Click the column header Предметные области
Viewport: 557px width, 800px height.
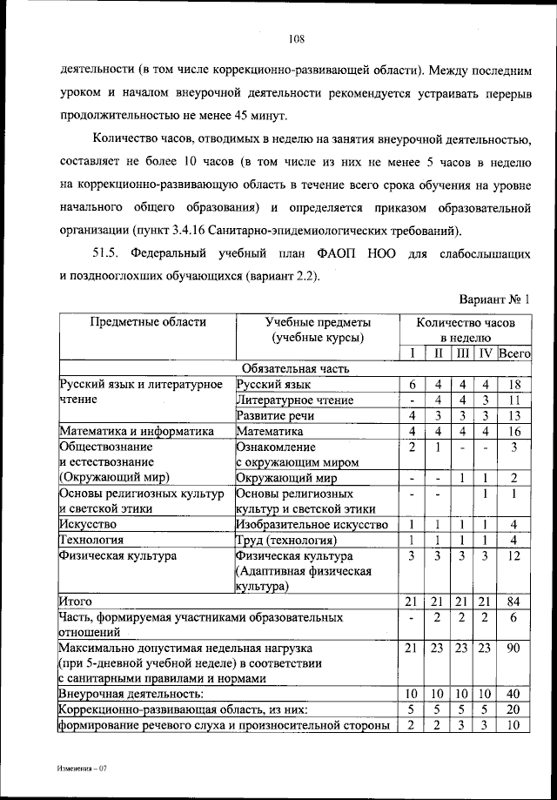click(148, 322)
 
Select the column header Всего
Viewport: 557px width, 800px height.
click(514, 353)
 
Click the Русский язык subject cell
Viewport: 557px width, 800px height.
click(273, 384)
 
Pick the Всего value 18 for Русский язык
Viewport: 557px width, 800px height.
click(514, 384)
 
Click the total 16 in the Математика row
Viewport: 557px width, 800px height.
click(514, 431)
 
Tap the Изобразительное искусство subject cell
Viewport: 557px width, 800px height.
click(312, 524)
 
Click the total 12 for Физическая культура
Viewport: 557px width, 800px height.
click(514, 555)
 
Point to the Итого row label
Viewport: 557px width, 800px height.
click(75, 602)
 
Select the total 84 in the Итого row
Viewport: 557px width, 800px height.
click(514, 602)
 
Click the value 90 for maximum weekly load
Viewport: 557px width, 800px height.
click(514, 649)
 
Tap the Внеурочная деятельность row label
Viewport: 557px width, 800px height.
click(131, 694)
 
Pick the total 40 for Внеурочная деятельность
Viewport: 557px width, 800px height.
click(514, 694)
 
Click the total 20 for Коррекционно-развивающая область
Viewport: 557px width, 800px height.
click(514, 709)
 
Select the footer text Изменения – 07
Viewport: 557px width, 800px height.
click(82, 770)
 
